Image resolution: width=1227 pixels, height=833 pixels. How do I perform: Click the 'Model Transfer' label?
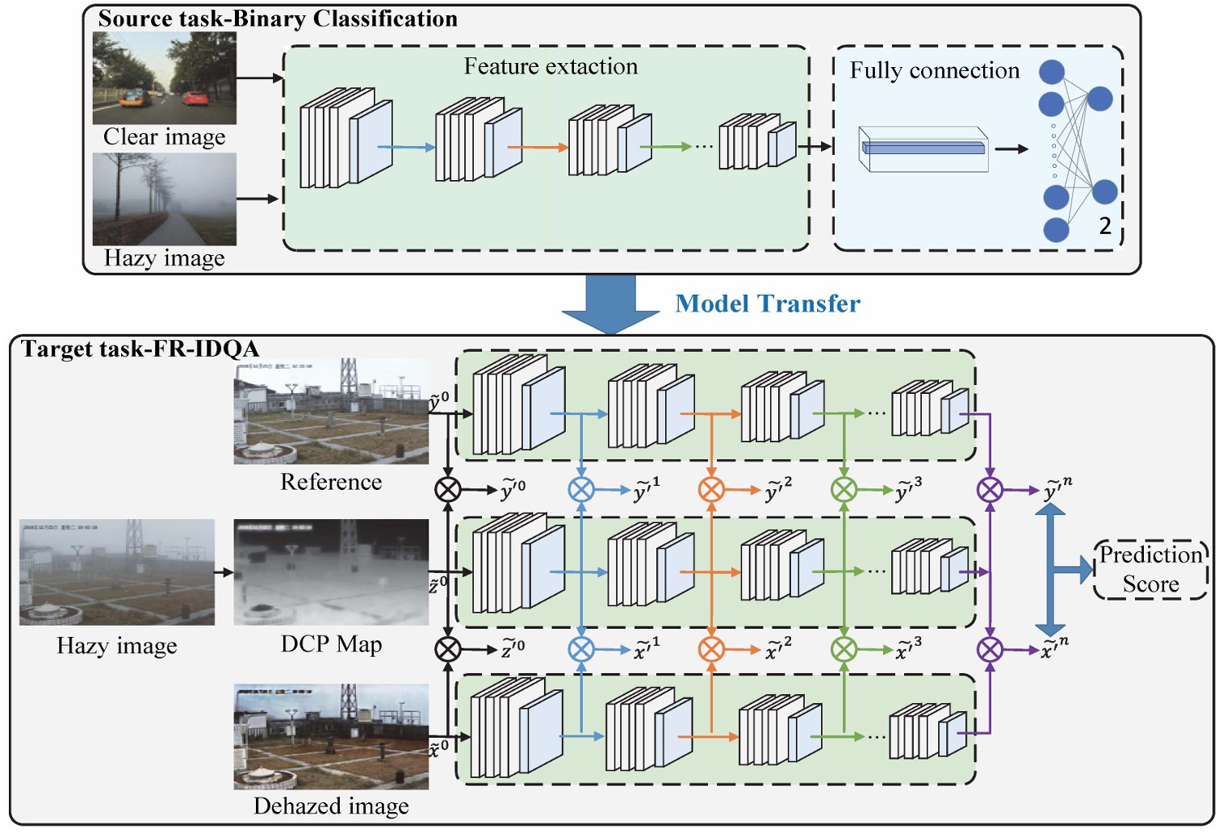tap(768, 303)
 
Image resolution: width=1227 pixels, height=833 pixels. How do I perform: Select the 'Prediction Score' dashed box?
tap(1150, 570)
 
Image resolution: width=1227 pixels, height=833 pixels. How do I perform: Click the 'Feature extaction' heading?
tap(551, 66)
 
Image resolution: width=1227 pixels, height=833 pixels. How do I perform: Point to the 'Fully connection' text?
tap(934, 71)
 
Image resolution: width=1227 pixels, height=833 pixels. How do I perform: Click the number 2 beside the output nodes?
tap(1105, 226)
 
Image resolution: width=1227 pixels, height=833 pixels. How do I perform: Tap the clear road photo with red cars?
tap(165, 78)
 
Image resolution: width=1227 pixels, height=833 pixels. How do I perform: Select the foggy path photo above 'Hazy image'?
tap(165, 199)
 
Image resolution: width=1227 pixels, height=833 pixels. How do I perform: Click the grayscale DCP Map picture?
tap(331, 571)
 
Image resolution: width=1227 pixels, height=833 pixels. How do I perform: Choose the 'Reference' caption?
tap(331, 482)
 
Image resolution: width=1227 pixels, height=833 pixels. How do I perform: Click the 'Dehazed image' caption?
tap(331, 806)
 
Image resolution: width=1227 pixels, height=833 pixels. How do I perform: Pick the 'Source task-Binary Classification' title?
tap(278, 19)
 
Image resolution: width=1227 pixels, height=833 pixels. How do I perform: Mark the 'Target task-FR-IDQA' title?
tap(140, 349)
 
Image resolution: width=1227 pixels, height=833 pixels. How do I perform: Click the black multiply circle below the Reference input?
tap(448, 489)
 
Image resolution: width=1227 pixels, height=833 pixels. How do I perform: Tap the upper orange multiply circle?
tap(711, 489)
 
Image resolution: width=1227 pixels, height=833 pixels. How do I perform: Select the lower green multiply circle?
tap(844, 649)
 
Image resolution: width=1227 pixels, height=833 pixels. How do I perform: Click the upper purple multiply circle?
tap(990, 489)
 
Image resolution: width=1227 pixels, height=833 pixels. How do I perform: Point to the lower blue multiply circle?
tap(581, 649)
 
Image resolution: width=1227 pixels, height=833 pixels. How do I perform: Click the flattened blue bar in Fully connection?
tap(923, 148)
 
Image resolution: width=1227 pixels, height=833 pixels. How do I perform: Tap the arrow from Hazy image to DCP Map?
tap(224, 572)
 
